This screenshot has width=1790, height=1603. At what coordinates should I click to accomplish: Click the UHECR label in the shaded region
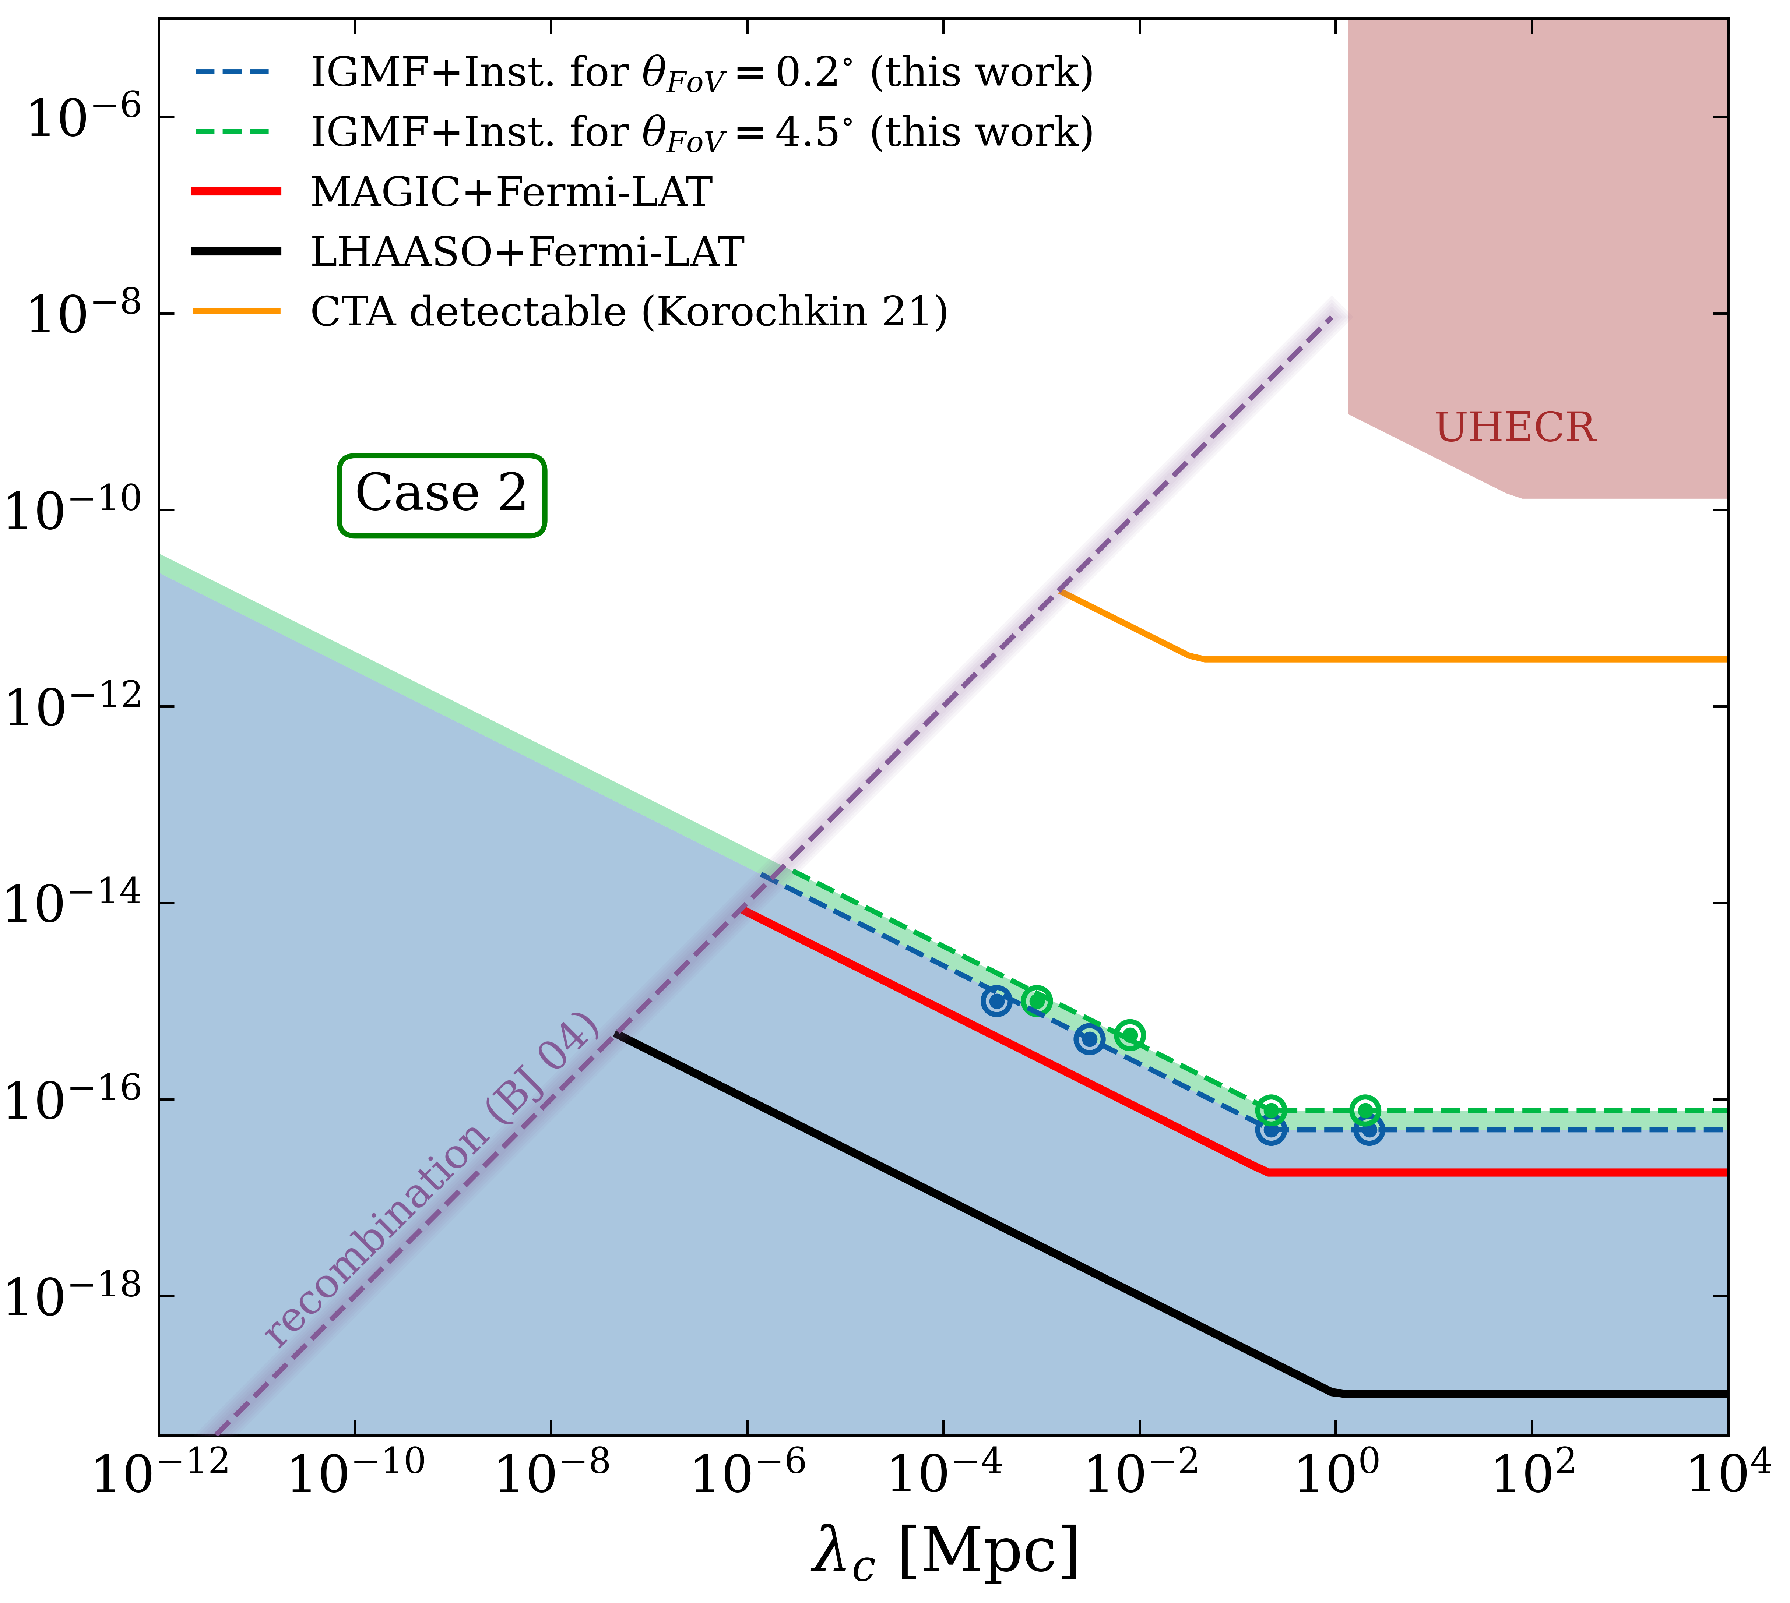point(1515,428)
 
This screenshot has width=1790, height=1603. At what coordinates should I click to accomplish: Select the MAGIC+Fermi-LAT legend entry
point(511,192)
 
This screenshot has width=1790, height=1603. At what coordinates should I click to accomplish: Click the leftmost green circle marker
point(1037,1000)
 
